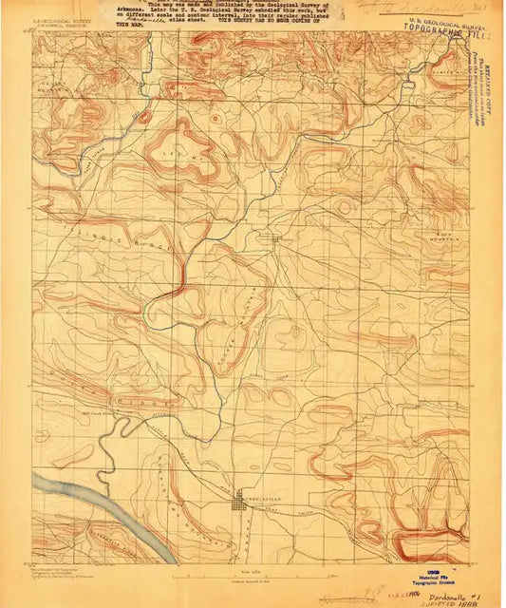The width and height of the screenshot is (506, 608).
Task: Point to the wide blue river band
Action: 104,513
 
